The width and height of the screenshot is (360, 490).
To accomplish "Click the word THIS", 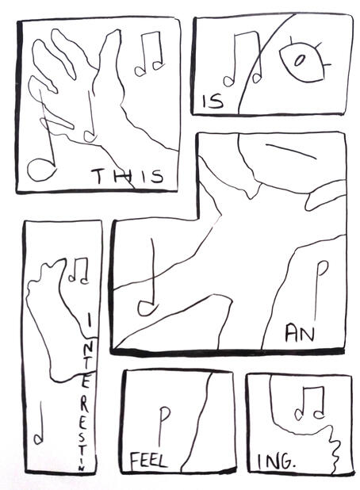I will coord(127,176).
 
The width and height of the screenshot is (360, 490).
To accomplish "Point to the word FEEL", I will coord(147,460).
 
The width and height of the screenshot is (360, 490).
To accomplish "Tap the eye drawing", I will coord(303,61).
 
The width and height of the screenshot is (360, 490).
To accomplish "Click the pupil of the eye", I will coord(301,59).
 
